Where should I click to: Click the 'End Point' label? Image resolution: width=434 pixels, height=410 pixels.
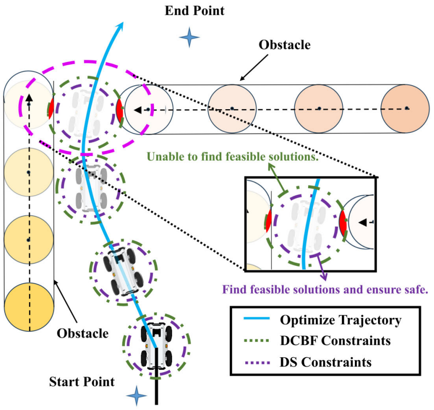[x=195, y=11]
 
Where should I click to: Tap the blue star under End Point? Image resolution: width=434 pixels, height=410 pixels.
[x=189, y=37]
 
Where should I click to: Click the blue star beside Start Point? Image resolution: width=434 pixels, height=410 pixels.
[x=136, y=396]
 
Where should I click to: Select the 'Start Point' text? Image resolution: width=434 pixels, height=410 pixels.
[x=82, y=382]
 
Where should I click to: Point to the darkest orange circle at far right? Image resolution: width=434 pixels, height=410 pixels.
[x=405, y=109]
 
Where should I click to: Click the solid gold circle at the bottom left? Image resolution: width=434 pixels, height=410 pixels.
[x=29, y=307]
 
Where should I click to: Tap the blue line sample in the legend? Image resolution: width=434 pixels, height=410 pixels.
[x=257, y=318]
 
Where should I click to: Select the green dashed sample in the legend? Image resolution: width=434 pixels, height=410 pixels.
[x=257, y=341]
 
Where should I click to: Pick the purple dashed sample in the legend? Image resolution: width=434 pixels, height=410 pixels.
[x=257, y=362]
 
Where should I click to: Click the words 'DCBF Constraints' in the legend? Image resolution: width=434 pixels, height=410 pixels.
[x=335, y=341]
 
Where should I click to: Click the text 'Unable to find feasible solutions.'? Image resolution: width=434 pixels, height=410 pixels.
[x=232, y=157]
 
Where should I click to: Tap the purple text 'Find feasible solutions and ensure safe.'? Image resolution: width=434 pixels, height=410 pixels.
[x=325, y=290]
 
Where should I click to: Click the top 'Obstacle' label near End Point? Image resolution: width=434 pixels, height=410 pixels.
[x=285, y=45]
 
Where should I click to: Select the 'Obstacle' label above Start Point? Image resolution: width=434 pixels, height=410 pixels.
[x=82, y=333]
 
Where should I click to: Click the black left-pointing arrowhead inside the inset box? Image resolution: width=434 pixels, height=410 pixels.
[x=363, y=222]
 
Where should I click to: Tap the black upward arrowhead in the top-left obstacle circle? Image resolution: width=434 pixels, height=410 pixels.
[x=29, y=98]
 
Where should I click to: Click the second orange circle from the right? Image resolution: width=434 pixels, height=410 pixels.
[x=319, y=109]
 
